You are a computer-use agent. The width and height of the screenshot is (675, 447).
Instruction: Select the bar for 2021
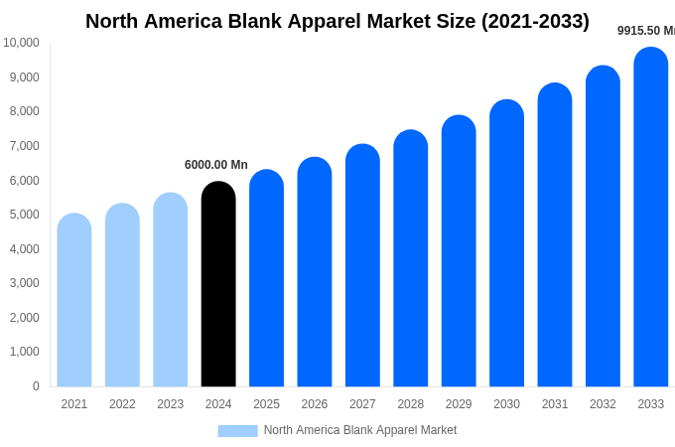[74, 300]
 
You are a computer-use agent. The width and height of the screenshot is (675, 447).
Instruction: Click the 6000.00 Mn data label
[216, 165]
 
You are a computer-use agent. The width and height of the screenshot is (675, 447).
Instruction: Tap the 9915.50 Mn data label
[645, 31]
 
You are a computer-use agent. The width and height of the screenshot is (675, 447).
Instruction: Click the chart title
[337, 21]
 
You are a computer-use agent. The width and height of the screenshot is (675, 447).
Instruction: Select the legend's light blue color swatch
[237, 430]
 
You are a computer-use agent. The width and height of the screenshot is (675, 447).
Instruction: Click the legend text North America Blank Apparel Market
[360, 430]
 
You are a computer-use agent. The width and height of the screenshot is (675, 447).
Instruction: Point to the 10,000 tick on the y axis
[21, 43]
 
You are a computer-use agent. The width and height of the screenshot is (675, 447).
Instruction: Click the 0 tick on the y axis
[36, 386]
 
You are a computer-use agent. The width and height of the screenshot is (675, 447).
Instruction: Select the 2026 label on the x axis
[315, 404]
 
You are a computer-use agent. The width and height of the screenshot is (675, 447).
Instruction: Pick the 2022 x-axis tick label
[122, 404]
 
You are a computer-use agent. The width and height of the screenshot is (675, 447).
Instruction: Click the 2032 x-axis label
[603, 404]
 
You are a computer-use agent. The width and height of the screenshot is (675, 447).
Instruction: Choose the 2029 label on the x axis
[459, 404]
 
